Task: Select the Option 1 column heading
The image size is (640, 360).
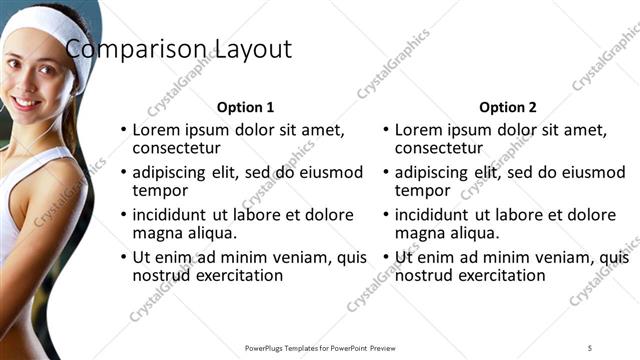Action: pos(245,107)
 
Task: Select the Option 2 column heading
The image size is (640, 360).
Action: pos(507,107)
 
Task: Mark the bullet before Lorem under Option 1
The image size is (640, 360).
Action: pos(123,130)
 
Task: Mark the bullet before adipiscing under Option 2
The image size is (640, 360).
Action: pos(386,173)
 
